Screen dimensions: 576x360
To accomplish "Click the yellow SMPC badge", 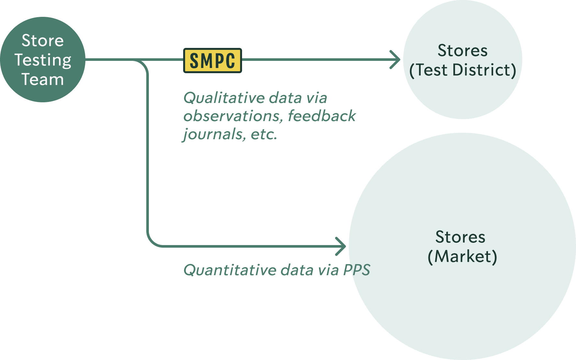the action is pyautogui.click(x=212, y=61).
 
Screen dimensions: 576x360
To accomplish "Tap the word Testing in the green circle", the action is pyautogui.click(x=43, y=61).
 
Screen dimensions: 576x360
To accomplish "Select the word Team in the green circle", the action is pyautogui.click(x=43, y=80).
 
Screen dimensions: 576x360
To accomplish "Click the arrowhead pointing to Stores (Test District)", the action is pyautogui.click(x=396, y=60).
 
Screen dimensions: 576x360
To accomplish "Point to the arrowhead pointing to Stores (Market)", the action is pyautogui.click(x=342, y=246).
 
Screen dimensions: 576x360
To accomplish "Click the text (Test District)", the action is pyautogui.click(x=462, y=70).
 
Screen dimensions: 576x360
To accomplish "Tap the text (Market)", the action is pyautogui.click(x=462, y=257).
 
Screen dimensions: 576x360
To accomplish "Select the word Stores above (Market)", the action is pyautogui.click(x=460, y=237).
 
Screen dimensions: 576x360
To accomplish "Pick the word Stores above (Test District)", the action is pyautogui.click(x=462, y=51).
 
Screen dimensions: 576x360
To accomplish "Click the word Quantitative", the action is pyautogui.click(x=230, y=270).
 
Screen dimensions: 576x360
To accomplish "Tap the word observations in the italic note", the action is pyautogui.click(x=232, y=116).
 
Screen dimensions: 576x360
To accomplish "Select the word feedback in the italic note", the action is pyautogui.click(x=322, y=116).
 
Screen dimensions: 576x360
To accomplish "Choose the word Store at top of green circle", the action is pyautogui.click(x=43, y=41).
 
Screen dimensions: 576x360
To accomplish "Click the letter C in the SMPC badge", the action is pyautogui.click(x=230, y=61).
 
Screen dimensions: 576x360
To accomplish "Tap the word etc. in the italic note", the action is pyautogui.click(x=264, y=134).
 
